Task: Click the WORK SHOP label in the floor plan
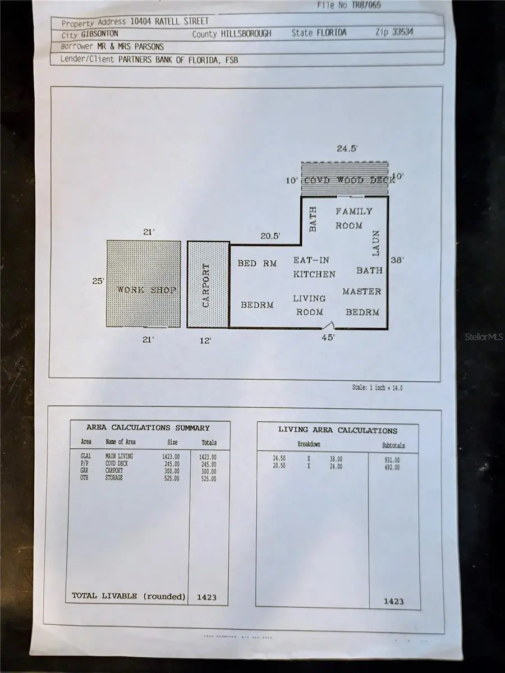tap(146, 289)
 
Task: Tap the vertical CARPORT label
tap(206, 285)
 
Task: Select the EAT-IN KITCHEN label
tap(314, 267)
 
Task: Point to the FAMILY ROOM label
tap(353, 218)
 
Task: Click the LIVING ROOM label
tap(309, 305)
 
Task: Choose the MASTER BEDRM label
tap(362, 302)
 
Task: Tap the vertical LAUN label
tap(377, 242)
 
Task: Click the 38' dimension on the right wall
tap(397, 261)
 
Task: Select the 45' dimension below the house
tap(328, 338)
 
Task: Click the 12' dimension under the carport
tap(205, 340)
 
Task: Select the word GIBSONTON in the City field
tap(95, 33)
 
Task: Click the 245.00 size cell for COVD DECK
tap(171, 464)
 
